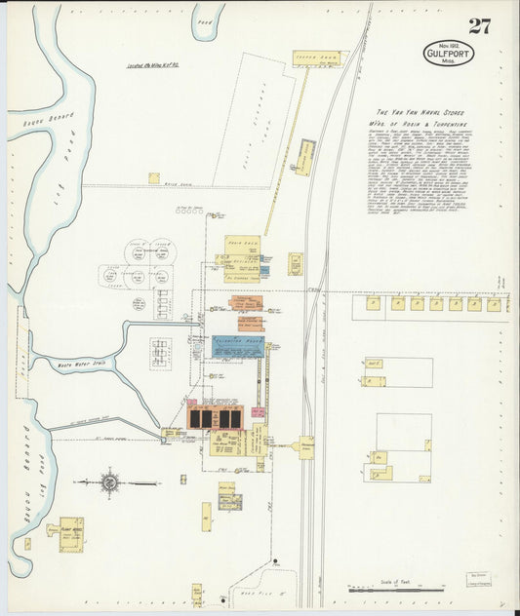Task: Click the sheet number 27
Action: coord(478,25)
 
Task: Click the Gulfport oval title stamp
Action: coord(448,53)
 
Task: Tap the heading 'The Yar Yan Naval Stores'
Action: coord(425,114)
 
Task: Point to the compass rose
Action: coord(109,481)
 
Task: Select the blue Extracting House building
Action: coord(238,347)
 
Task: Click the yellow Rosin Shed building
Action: coord(242,246)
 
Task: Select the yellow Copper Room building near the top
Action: coord(317,58)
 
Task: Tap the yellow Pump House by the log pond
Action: coord(70,530)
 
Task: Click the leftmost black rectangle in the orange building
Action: coord(195,418)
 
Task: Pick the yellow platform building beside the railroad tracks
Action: coord(305,447)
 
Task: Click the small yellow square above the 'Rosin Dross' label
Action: coord(154,178)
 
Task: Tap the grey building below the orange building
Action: coord(230,502)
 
